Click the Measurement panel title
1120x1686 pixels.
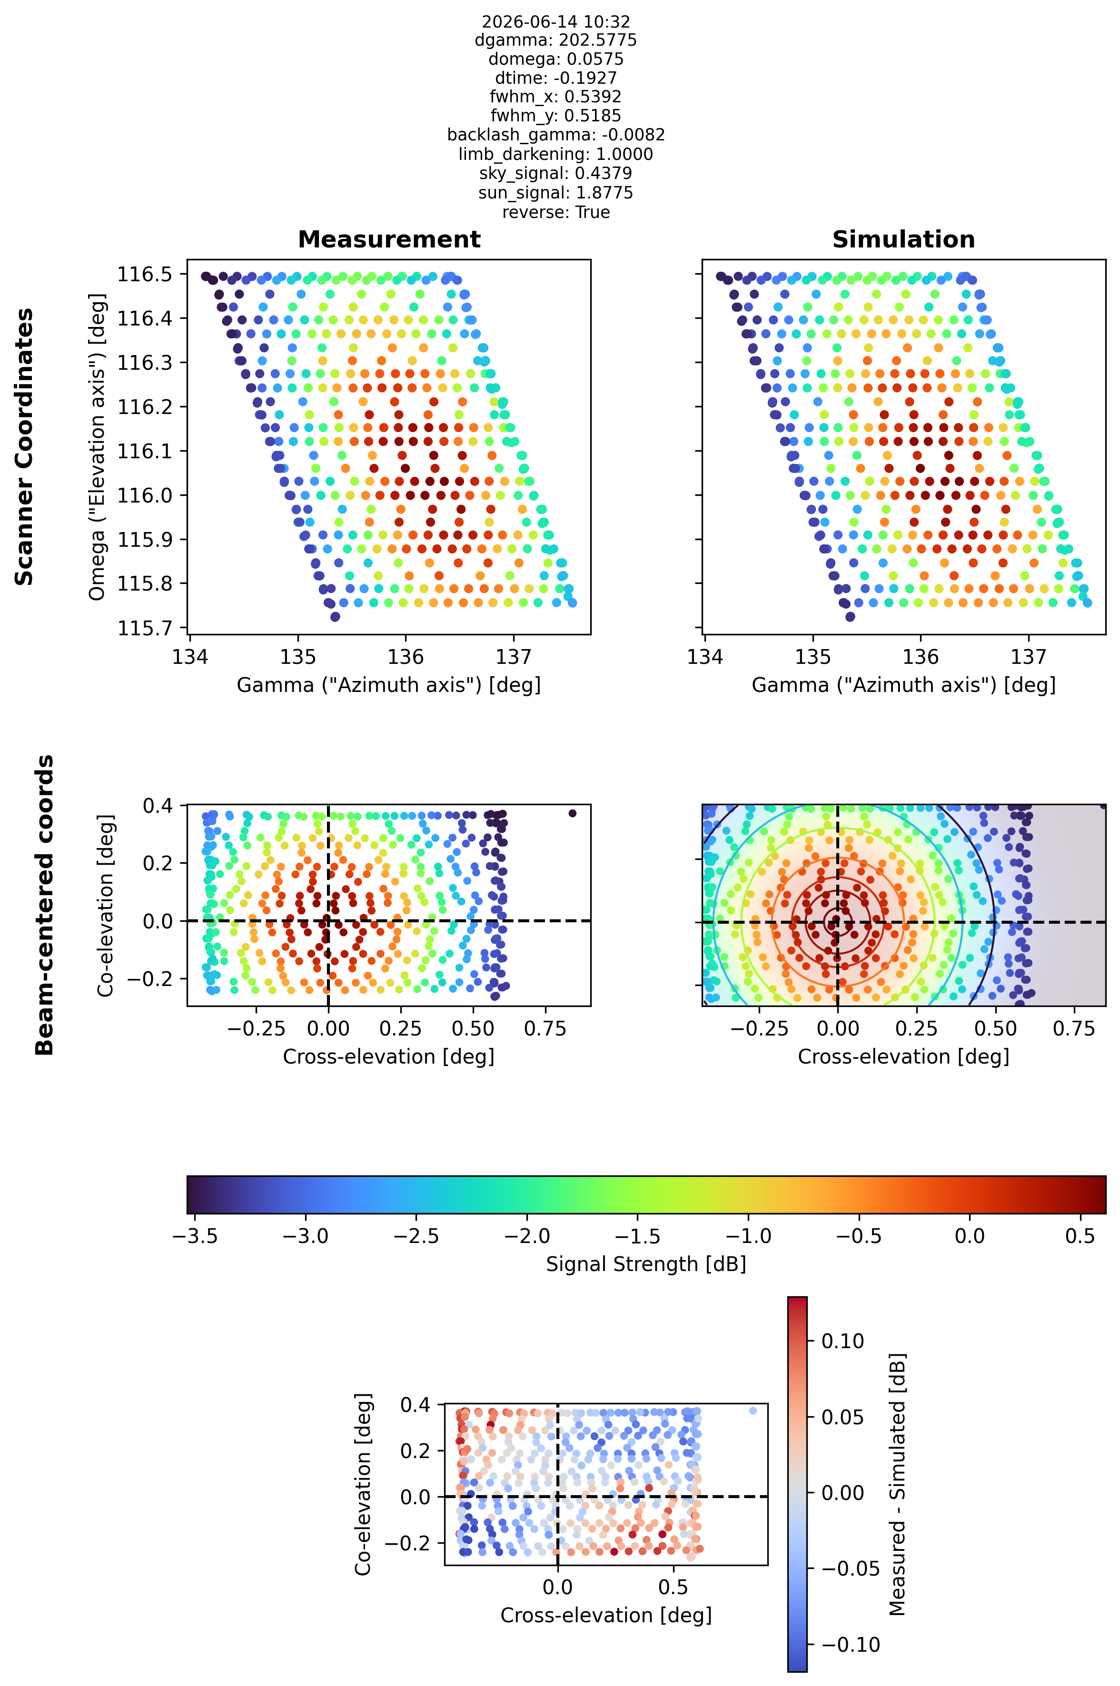(x=389, y=239)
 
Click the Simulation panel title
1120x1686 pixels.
(x=903, y=239)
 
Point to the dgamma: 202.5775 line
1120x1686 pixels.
(x=555, y=40)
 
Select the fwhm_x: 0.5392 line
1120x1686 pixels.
(x=555, y=97)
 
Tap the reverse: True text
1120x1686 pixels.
(x=555, y=212)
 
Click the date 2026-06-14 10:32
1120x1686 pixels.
(x=555, y=21)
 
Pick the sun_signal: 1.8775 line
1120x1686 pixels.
(x=555, y=193)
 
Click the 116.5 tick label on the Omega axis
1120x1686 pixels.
(x=146, y=274)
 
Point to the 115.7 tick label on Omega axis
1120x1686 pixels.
(x=146, y=628)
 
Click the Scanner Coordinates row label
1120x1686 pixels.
(x=24, y=447)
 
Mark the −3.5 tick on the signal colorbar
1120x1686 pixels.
(x=195, y=1236)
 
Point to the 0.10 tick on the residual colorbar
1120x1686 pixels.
(x=843, y=1341)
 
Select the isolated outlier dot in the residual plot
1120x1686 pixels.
(x=752, y=1410)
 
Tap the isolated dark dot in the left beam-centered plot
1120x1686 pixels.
(x=572, y=813)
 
